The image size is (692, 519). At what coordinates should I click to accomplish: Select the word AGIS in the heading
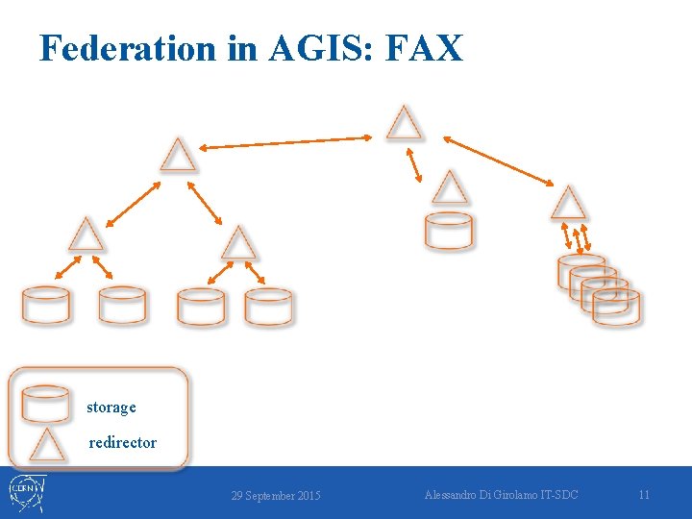tap(318, 47)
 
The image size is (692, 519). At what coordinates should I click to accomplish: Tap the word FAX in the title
tap(423, 47)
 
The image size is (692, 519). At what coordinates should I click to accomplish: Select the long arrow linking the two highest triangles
tap(285, 142)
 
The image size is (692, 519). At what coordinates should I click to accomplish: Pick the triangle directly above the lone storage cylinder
tap(449, 188)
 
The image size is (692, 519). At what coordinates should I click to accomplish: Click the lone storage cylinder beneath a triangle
tap(449, 232)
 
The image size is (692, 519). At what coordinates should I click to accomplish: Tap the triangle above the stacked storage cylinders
tap(568, 204)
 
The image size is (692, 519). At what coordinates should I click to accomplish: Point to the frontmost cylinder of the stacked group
tap(616, 307)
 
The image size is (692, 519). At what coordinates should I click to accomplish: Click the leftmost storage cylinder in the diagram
tap(46, 306)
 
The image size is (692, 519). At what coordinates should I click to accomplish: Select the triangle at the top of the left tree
tap(178, 156)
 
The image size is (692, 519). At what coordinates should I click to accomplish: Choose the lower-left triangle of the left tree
tap(86, 235)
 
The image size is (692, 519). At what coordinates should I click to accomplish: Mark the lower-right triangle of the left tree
tap(238, 244)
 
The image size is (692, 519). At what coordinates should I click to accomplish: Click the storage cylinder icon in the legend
tap(46, 404)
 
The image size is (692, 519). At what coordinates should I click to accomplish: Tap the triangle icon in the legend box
tap(46, 445)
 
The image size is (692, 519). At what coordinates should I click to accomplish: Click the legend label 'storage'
tap(111, 408)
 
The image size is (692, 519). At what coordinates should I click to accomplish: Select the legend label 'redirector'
tap(122, 443)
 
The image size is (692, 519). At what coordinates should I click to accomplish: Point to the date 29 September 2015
tap(276, 496)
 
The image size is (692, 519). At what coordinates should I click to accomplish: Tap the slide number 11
tap(644, 495)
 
